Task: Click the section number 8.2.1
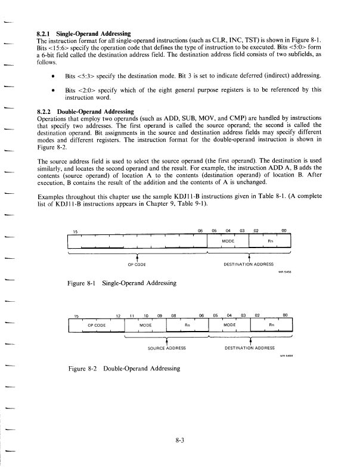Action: click(45, 33)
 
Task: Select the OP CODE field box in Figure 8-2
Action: click(97, 325)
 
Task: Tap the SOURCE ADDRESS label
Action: click(167, 347)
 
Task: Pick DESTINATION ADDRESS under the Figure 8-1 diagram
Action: click(248, 263)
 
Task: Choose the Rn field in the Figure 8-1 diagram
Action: click(270, 241)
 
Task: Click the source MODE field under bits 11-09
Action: click(145, 325)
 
